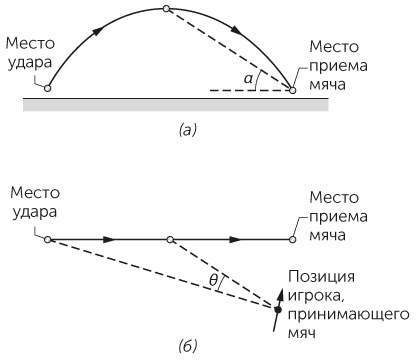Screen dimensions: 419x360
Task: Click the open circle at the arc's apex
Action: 167,9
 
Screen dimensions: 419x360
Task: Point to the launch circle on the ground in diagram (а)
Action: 48,89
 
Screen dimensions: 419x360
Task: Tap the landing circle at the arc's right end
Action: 292,89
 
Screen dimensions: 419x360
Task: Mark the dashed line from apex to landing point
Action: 230,49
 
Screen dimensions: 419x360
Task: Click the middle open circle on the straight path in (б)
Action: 171,240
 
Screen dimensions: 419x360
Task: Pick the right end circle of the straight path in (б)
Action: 292,240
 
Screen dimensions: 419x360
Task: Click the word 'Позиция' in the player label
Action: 319,276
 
